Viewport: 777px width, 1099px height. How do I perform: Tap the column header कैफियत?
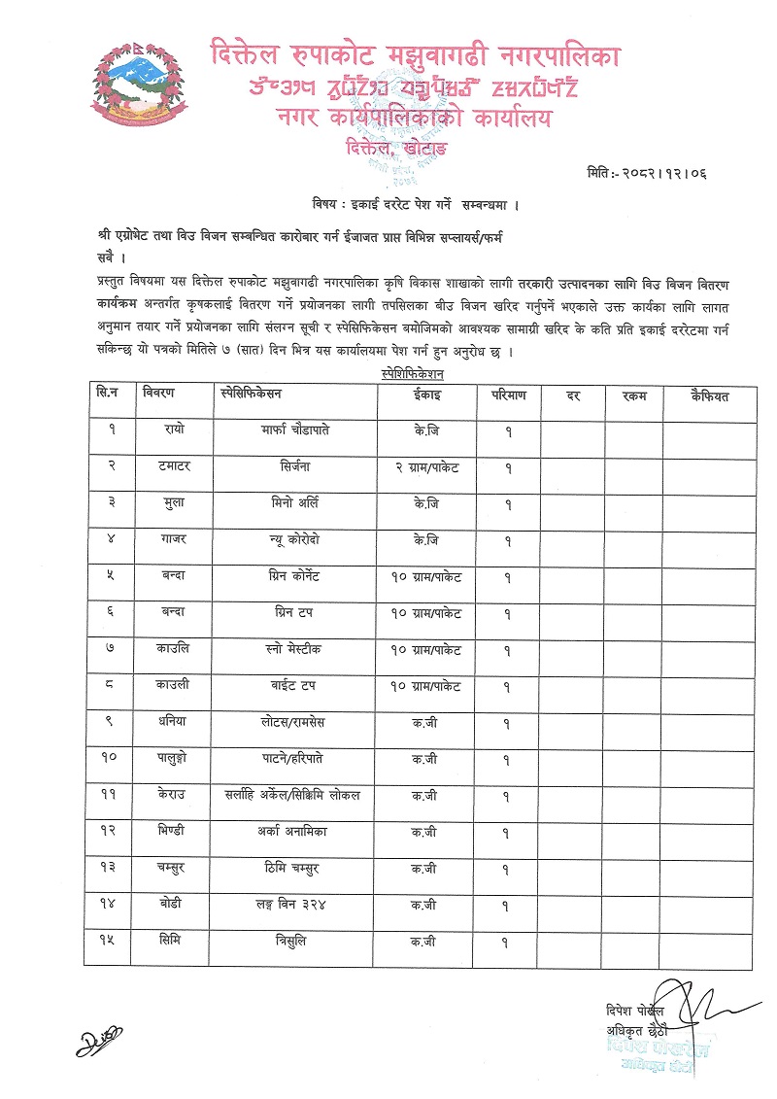pyautogui.click(x=709, y=395)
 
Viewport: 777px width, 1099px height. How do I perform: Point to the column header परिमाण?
pyautogui.click(x=507, y=395)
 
